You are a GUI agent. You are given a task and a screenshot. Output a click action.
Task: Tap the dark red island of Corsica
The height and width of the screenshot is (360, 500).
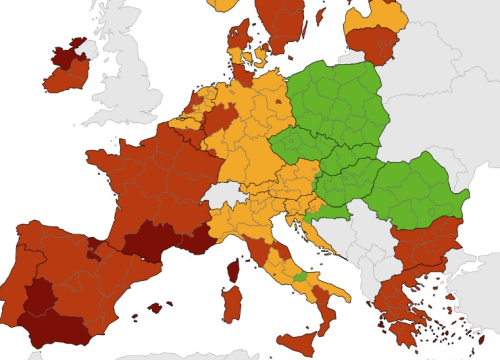coord(232,270)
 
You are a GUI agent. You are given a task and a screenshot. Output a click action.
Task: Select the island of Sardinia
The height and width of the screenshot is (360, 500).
coord(231,304)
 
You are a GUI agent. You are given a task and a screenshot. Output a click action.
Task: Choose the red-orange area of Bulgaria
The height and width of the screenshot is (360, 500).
coord(425,245)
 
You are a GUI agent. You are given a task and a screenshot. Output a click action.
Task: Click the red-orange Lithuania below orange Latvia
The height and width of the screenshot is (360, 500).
coord(374,43)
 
